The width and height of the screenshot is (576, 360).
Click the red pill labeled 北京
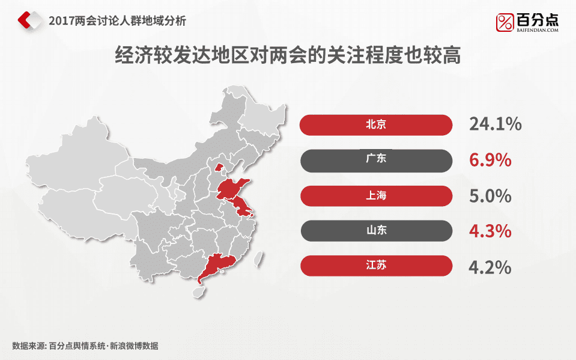[x=375, y=125]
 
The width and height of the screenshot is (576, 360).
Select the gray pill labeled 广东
[x=375, y=160]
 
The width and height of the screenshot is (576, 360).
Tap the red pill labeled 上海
[x=375, y=195]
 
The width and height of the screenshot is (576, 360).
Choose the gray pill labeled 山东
[x=375, y=230]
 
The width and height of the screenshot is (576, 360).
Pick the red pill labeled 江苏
[x=375, y=266]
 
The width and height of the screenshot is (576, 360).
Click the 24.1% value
[x=495, y=124]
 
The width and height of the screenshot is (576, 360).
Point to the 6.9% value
[x=490, y=160]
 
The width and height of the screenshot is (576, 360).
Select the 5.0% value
[x=490, y=195]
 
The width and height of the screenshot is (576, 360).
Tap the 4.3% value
[x=490, y=231]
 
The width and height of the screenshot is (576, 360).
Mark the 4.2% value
[x=490, y=266]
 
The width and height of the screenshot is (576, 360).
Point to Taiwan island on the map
[x=259, y=258]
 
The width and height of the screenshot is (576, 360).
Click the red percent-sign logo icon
[x=505, y=22]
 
